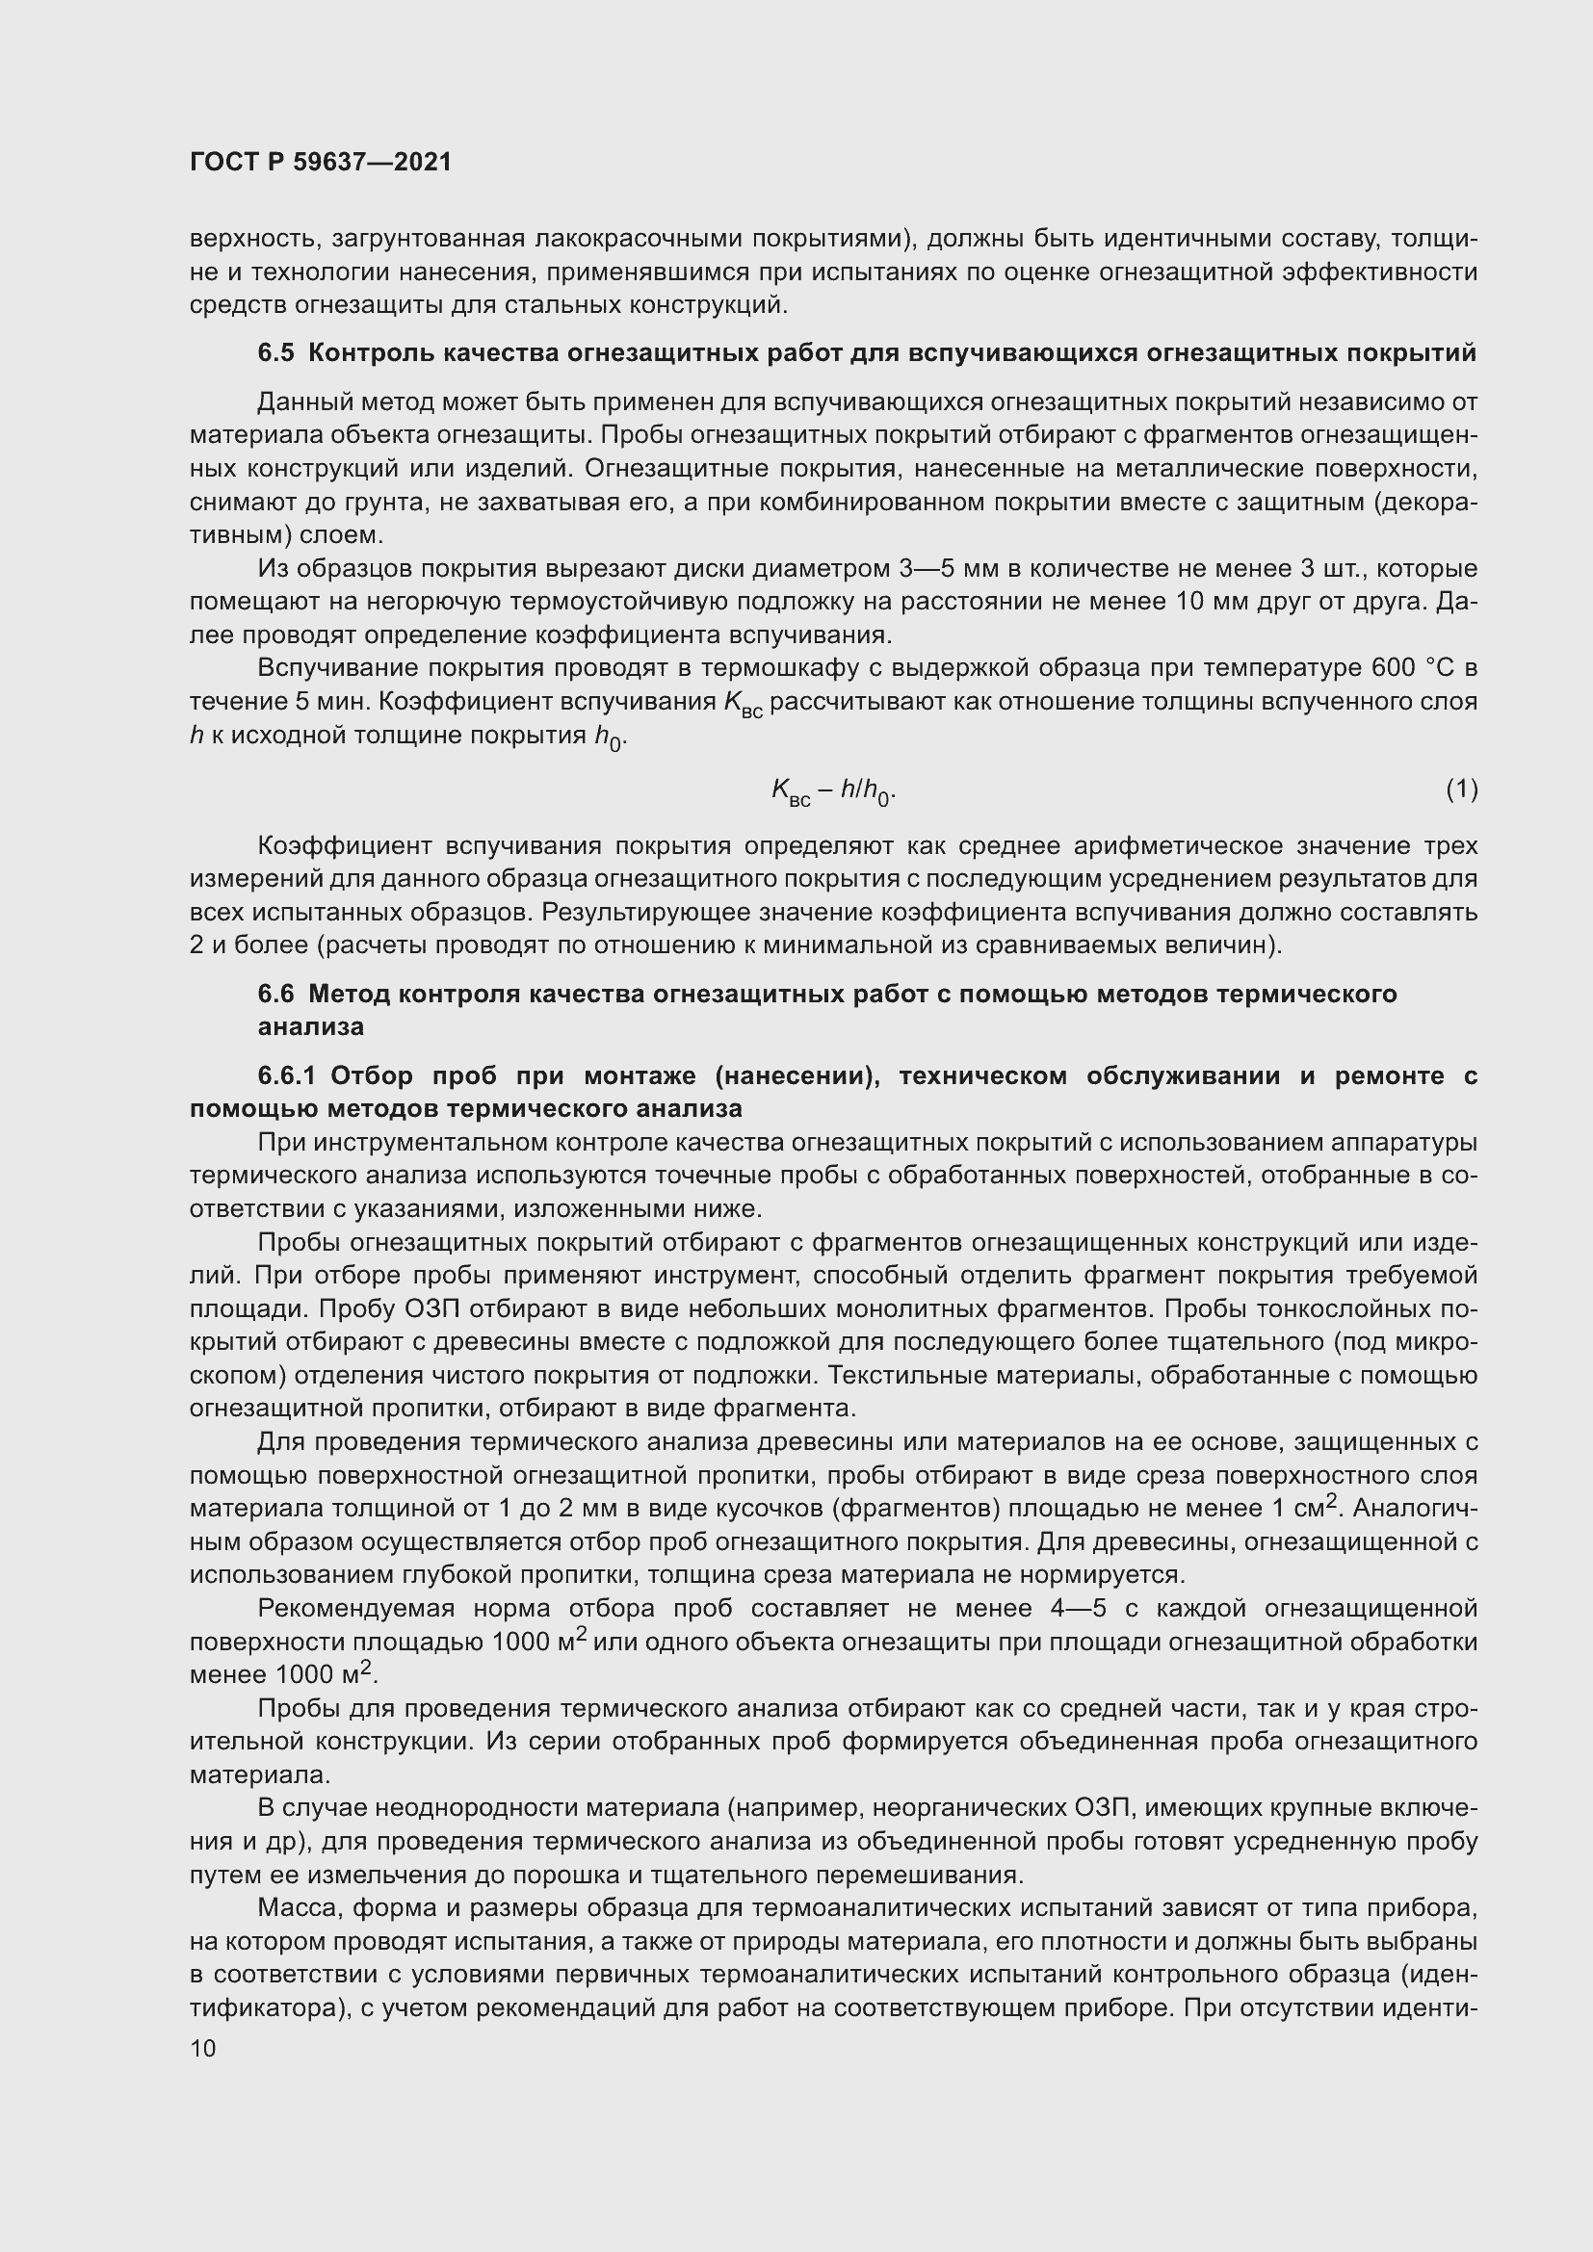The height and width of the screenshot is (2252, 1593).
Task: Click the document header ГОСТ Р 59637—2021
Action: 321,162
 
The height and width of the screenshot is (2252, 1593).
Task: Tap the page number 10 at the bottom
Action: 203,2047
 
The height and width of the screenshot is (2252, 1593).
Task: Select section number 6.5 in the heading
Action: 275,353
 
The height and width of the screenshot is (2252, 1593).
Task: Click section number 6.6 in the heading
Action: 275,994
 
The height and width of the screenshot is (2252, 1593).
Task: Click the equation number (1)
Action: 1461,789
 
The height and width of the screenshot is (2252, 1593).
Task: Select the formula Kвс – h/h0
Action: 833,790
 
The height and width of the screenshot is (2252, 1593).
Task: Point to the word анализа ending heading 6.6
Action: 310,1027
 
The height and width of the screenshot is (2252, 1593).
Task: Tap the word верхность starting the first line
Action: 252,239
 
